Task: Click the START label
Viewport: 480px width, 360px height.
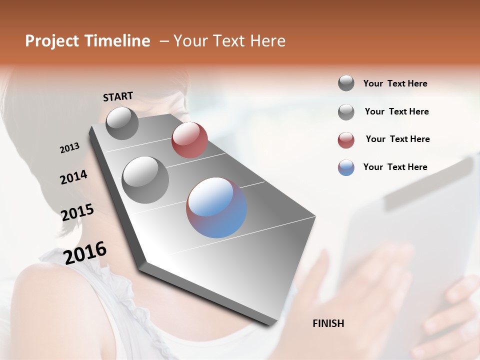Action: click(x=118, y=96)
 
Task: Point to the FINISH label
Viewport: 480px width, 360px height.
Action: click(x=328, y=323)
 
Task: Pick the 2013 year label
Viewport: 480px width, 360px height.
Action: click(x=69, y=148)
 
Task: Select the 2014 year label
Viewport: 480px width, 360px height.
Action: click(x=73, y=177)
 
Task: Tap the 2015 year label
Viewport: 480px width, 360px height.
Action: click(x=77, y=212)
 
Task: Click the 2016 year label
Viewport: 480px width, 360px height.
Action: click(x=85, y=253)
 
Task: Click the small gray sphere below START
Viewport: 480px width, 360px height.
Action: click(x=122, y=123)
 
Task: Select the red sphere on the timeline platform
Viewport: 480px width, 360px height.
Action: click(x=189, y=140)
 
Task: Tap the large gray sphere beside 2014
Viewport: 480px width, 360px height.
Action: click(x=145, y=179)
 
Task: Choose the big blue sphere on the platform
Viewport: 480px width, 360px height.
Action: click(x=216, y=207)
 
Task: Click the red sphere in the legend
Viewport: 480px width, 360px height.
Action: click(x=346, y=140)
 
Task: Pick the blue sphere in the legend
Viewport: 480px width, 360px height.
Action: click(x=346, y=167)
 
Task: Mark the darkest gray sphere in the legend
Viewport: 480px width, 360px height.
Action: click(x=346, y=83)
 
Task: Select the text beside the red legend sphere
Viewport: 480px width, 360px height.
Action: click(x=397, y=139)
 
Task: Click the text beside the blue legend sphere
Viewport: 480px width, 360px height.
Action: click(x=395, y=167)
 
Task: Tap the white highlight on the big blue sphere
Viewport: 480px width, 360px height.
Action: click(x=210, y=197)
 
